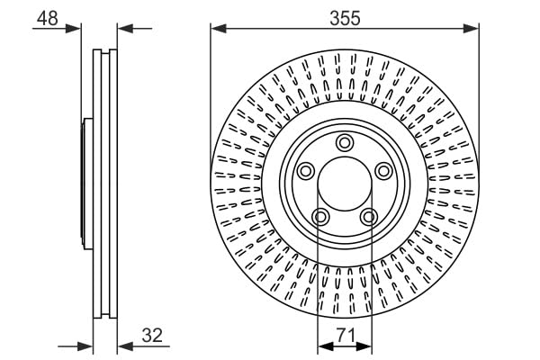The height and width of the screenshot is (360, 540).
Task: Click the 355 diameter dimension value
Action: click(x=344, y=16)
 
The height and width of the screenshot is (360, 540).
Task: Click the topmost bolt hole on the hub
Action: click(x=344, y=142)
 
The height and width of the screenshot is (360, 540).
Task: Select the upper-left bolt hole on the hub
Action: click(x=305, y=171)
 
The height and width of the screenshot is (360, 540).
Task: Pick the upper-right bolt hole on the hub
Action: click(x=382, y=171)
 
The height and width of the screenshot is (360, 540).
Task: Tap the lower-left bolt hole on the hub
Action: click(x=319, y=216)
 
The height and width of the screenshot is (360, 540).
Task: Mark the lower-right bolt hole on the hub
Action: click(x=368, y=216)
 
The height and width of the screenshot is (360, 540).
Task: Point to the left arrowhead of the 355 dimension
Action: click(x=217, y=29)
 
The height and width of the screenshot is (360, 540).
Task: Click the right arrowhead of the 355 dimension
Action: click(x=472, y=29)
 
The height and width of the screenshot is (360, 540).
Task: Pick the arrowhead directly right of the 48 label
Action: click(x=76, y=28)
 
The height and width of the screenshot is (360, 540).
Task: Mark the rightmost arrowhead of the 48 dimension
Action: click(x=123, y=28)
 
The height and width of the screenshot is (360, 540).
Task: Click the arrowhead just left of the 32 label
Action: click(x=123, y=345)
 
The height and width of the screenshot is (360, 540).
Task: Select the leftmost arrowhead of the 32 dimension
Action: click(x=87, y=345)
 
